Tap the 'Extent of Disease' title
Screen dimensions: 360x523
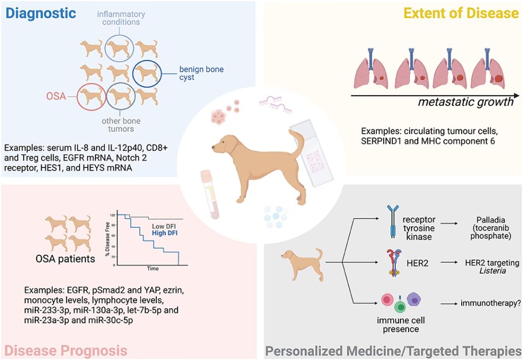[460, 13]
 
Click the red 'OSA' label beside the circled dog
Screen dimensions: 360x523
[56, 95]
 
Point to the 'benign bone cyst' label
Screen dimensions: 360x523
[201, 74]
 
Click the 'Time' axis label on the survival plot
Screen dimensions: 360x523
[153, 268]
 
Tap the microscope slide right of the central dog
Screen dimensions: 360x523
[312, 154]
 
